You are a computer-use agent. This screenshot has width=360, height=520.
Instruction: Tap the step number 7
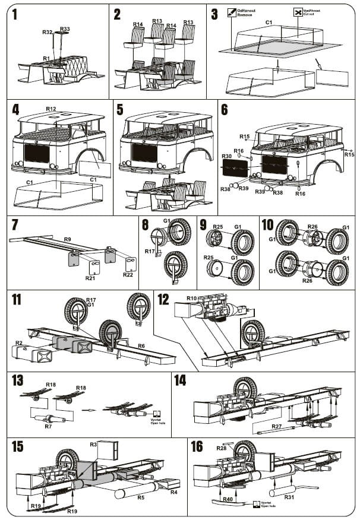(16, 226)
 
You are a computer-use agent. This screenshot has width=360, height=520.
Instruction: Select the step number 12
(163, 299)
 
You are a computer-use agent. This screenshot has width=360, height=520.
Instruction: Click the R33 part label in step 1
(65, 29)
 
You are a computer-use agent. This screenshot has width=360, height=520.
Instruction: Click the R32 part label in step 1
(48, 31)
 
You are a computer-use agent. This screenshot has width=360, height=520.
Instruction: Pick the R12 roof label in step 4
(51, 109)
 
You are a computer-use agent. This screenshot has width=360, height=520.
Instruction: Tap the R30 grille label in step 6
(226, 156)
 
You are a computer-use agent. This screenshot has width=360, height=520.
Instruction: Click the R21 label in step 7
(90, 278)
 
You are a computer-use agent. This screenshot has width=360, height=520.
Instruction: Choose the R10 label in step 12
(191, 298)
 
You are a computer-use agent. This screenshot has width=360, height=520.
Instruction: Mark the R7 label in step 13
(48, 427)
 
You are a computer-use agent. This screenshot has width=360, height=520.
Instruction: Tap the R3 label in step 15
(93, 444)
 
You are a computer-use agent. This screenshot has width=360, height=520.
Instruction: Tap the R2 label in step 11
(19, 343)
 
